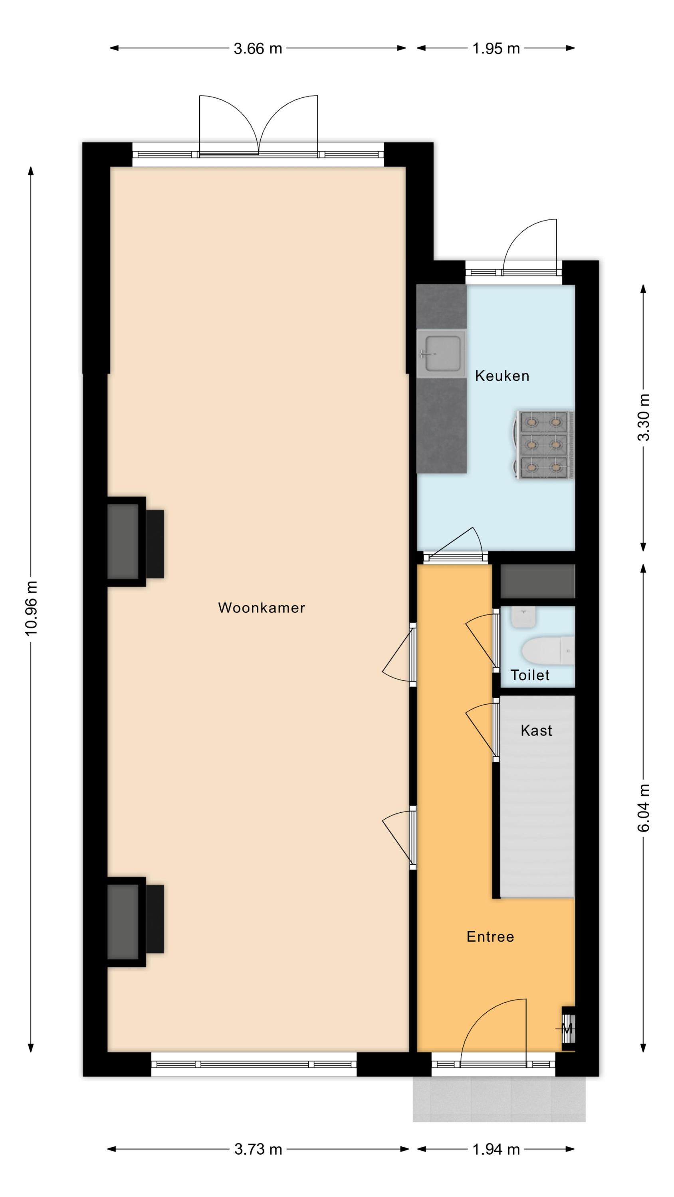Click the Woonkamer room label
[262, 607]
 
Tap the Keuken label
[502, 375]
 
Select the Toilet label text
[530, 675]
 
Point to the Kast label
[536, 730]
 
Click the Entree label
[490, 936]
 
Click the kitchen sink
[442, 354]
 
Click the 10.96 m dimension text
[31, 608]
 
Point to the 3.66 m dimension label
[258, 48]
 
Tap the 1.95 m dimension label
[496, 48]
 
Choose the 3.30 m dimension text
[644, 417]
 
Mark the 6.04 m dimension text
[644, 807]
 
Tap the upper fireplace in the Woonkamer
[135, 541]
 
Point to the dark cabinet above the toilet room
[537, 581]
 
